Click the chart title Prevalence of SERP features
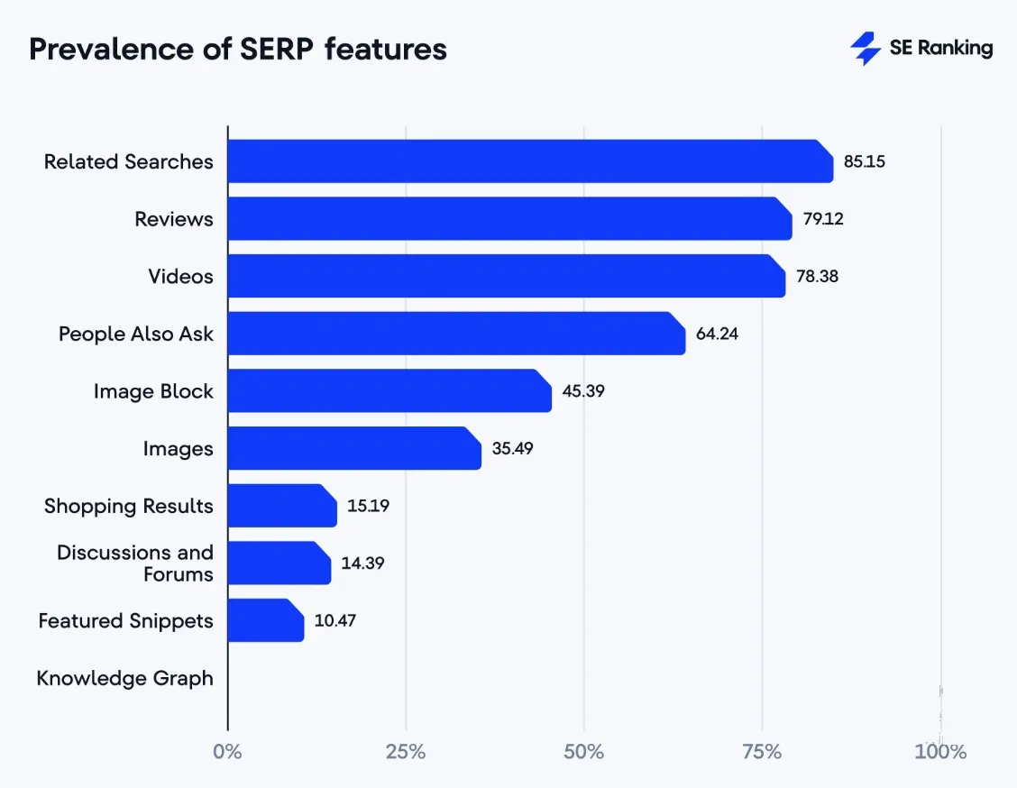238,49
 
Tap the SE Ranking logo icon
866,49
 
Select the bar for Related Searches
529,161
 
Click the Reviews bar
508,219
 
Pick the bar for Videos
506,276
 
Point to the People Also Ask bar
455,334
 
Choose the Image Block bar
389,391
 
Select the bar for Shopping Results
281,506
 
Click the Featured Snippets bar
265,620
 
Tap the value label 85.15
864,162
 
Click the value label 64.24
717,334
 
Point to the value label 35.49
512,448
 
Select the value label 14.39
362,564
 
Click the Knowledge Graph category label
125,678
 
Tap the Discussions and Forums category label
135,564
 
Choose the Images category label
178,448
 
